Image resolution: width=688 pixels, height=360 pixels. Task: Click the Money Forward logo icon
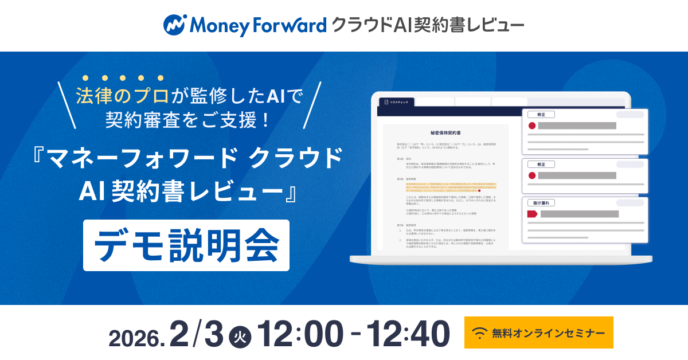(175, 25)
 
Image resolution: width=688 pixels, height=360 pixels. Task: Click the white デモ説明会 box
(186, 245)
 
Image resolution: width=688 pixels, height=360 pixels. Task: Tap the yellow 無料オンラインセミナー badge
(538, 332)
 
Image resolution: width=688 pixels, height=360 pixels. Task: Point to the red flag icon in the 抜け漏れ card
(531, 214)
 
